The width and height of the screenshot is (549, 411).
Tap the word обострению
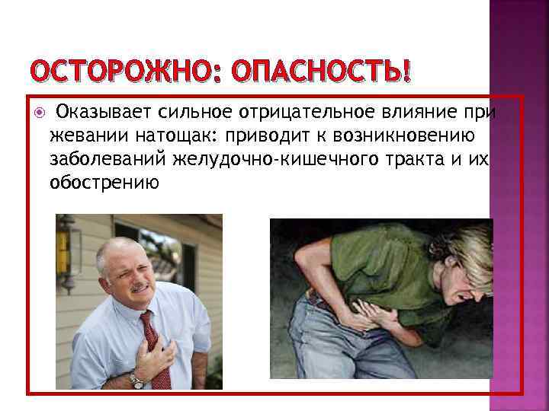(104, 183)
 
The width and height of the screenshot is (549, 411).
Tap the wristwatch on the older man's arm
(136, 378)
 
